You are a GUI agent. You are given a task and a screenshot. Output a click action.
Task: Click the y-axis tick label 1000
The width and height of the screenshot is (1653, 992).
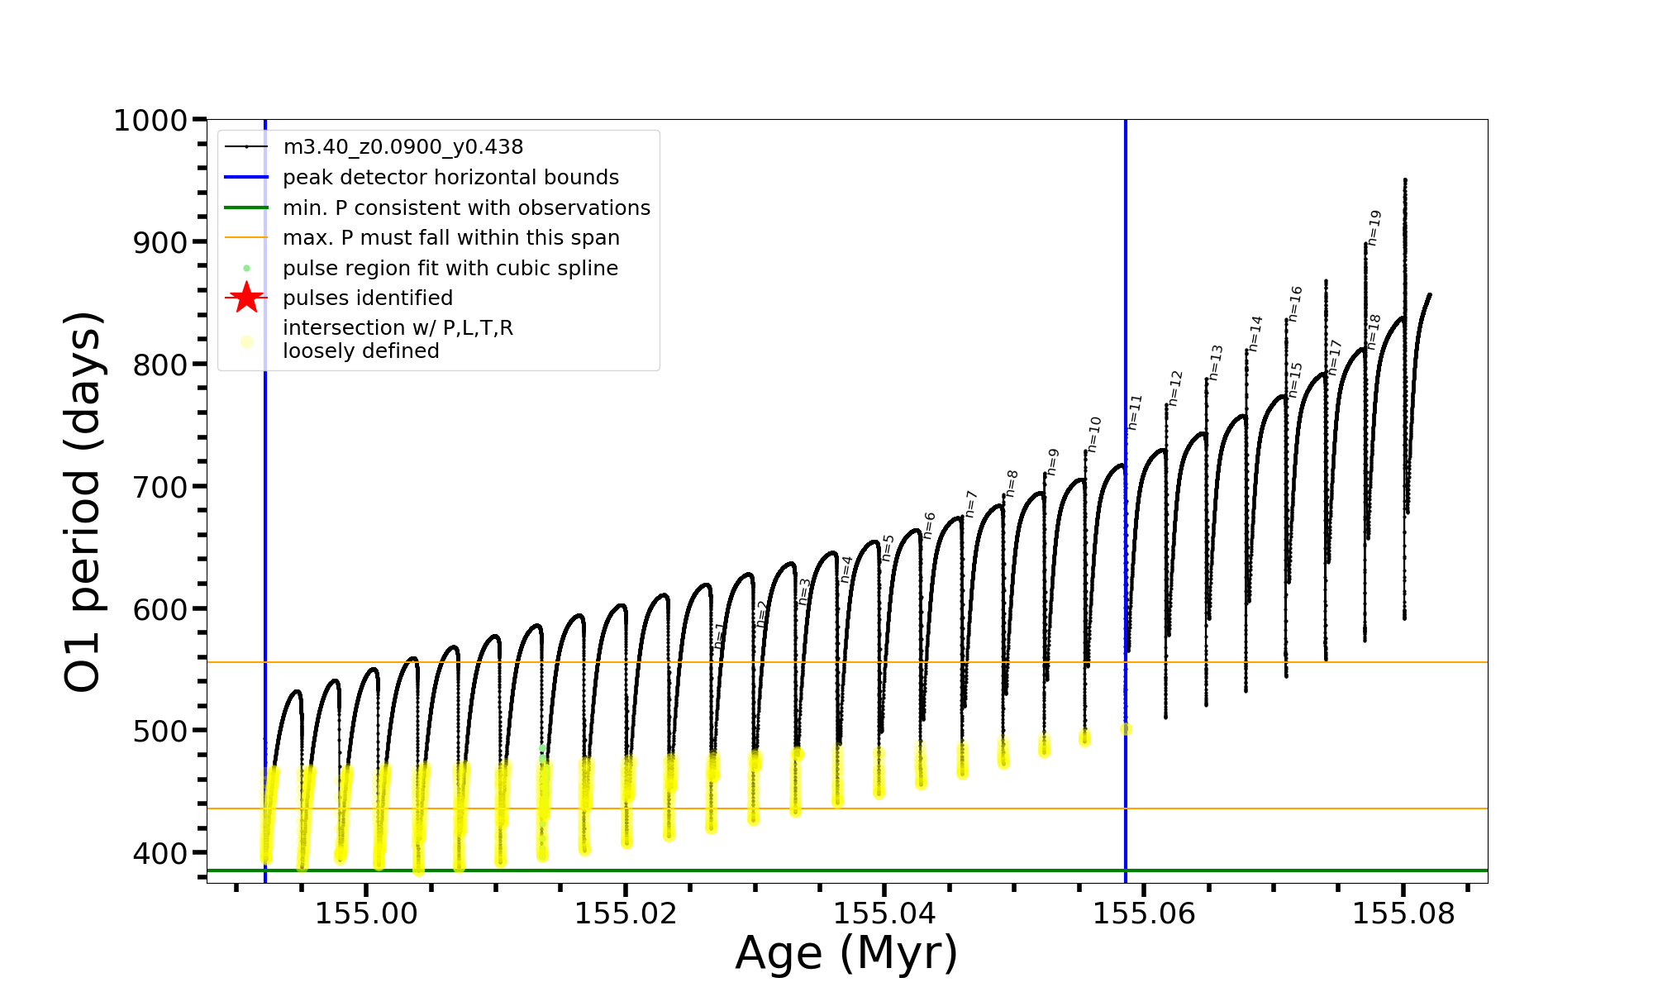click(150, 121)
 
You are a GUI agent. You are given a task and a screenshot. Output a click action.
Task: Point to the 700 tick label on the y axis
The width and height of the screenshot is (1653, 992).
click(160, 487)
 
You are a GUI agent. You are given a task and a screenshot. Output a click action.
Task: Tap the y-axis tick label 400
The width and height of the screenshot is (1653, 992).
click(160, 853)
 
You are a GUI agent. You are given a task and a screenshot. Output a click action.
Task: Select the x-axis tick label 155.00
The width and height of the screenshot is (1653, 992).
click(367, 913)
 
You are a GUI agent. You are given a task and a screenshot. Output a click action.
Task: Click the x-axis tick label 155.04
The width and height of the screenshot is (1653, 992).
click(884, 913)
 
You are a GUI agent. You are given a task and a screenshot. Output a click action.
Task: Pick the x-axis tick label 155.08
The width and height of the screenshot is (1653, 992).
click(1403, 913)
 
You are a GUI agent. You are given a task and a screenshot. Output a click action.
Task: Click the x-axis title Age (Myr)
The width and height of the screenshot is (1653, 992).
click(846, 952)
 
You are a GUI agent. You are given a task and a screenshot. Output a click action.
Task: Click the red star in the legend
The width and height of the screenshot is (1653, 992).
click(246, 298)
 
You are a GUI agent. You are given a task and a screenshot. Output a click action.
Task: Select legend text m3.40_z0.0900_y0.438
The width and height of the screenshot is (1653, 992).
click(403, 147)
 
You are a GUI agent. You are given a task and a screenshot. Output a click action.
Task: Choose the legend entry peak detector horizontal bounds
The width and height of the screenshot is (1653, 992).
click(450, 178)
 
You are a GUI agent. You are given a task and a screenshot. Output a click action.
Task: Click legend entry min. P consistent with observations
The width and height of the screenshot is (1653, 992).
click(466, 207)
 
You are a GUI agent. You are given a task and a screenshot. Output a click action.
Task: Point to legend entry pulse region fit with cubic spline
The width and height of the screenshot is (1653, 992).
click(450, 269)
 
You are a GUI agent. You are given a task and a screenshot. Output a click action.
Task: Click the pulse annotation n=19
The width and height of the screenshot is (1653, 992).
click(1374, 227)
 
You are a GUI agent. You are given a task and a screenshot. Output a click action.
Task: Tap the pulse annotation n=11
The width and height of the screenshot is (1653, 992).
click(1136, 412)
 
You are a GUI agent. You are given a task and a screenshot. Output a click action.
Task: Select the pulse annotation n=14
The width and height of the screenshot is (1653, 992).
click(1256, 333)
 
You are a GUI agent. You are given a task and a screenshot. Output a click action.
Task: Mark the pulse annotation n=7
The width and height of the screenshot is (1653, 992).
click(972, 503)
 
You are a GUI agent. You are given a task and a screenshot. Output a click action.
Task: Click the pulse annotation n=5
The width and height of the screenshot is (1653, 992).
click(888, 547)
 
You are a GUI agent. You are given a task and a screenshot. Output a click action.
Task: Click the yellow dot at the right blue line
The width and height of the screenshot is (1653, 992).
click(1126, 729)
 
